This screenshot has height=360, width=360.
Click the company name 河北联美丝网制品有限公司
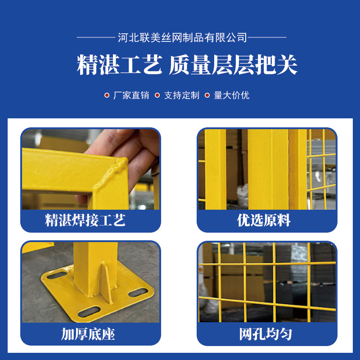(182, 37)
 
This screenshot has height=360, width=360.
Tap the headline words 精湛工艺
(119, 65)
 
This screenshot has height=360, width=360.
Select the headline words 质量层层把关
(233, 65)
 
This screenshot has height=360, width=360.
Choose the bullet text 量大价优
(231, 95)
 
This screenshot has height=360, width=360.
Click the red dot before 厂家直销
(107, 95)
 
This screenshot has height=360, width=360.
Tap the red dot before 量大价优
(207, 95)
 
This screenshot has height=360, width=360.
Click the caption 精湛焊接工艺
(85, 220)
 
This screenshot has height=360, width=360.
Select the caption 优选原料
(264, 220)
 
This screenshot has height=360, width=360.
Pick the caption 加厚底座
(88, 334)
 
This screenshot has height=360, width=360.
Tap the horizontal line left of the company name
(96, 37)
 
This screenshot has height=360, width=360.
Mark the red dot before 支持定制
(157, 95)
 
